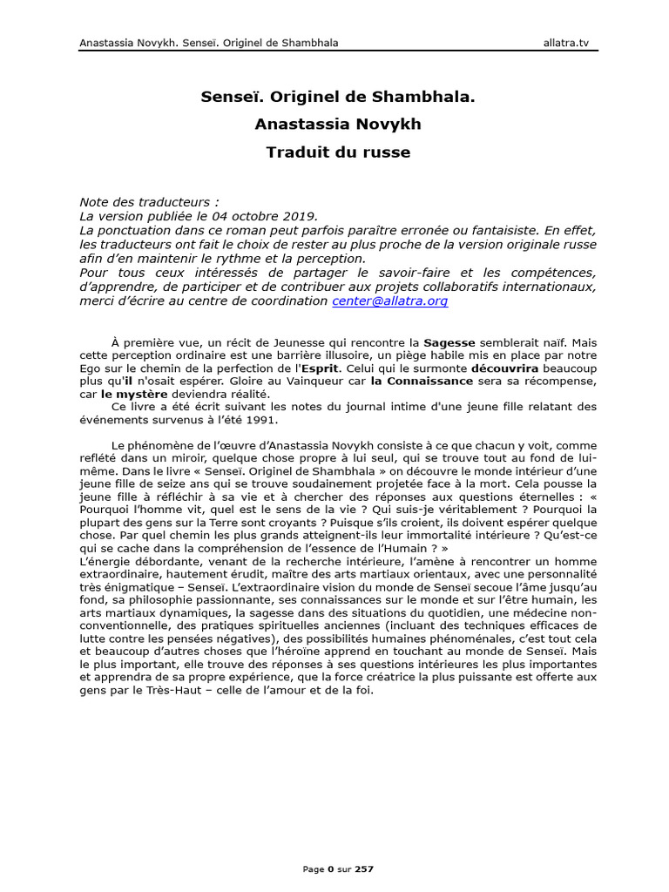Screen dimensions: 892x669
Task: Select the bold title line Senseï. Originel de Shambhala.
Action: [x=338, y=97]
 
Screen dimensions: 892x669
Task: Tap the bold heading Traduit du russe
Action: [x=338, y=152]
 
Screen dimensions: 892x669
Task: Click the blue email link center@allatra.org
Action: [x=389, y=301]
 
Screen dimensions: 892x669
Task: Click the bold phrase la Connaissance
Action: [x=422, y=381]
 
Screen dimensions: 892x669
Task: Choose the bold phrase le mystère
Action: [x=135, y=393]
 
